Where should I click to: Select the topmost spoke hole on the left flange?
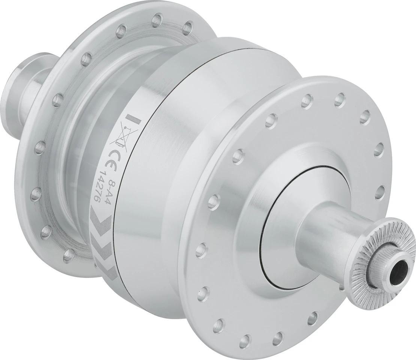[x=158, y=18]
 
